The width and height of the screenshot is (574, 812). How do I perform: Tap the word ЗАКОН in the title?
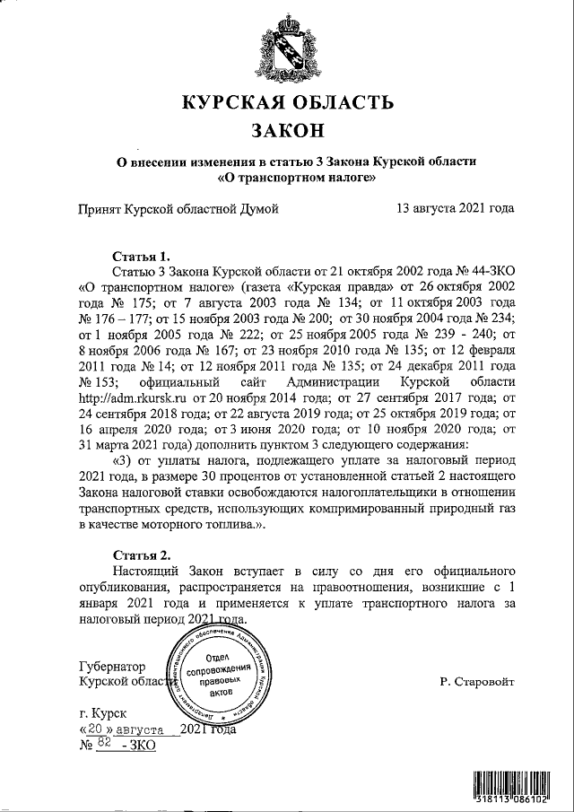[287, 131]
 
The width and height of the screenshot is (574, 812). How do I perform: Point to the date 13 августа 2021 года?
[455, 209]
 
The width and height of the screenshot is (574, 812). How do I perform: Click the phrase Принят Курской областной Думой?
[178, 209]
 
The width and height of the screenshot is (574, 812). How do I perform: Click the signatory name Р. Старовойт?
[477, 683]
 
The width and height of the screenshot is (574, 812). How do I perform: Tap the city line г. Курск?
[102, 714]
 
